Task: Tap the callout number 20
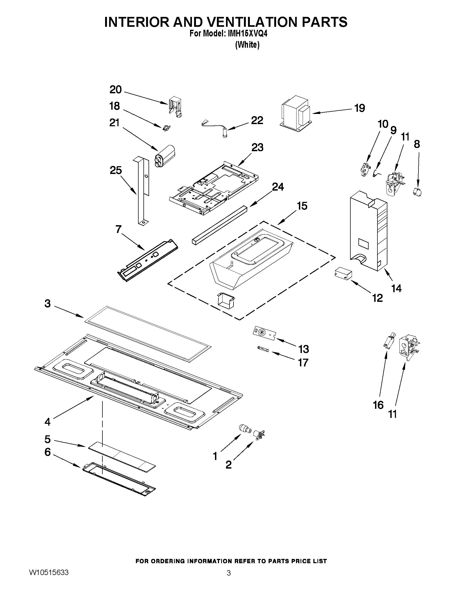pos(116,90)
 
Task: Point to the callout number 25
pos(116,170)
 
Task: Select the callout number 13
pos(304,349)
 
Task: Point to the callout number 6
pos(47,452)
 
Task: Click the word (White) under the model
pos(247,45)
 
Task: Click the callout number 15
pos(302,206)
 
